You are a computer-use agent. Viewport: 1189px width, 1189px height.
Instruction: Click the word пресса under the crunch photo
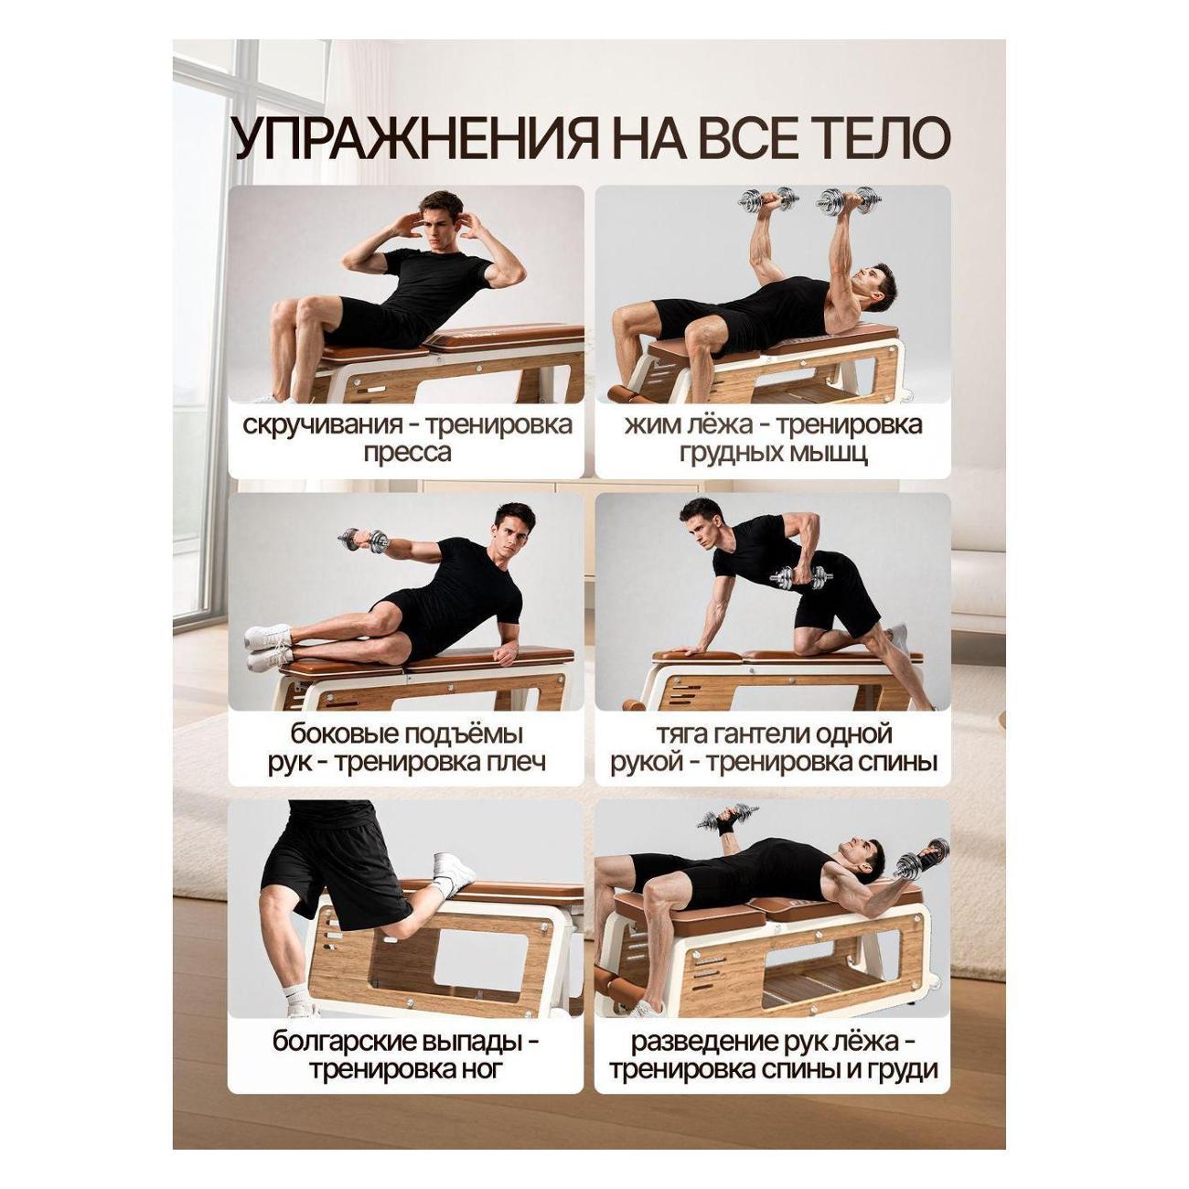407,454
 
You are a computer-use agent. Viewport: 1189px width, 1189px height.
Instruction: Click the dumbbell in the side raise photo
363,541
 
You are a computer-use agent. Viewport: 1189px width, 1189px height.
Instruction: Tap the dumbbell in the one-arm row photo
801,578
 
